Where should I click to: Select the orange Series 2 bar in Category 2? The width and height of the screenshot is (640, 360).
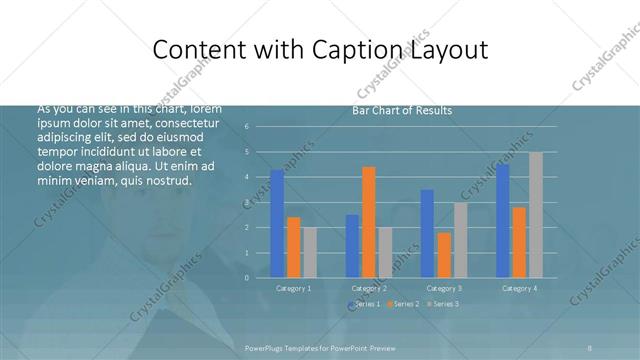[x=368, y=222]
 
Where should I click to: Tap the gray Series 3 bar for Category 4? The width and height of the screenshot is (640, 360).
[x=536, y=215]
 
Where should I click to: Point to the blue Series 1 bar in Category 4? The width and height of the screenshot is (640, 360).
[x=502, y=221]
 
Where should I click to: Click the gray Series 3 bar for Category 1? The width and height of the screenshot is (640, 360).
[x=309, y=252]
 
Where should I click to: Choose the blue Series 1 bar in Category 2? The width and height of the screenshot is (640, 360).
[x=352, y=246]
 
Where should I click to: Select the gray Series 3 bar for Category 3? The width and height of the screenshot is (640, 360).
[x=460, y=240]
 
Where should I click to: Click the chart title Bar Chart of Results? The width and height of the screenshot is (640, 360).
[x=402, y=110]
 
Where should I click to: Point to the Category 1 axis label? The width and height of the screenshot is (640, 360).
[x=293, y=288]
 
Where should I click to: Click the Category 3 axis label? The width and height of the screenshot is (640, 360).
[x=444, y=288]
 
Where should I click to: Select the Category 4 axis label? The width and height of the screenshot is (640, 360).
[x=519, y=288]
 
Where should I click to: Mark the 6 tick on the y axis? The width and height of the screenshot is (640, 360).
[x=260, y=127]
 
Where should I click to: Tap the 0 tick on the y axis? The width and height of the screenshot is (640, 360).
[x=260, y=278]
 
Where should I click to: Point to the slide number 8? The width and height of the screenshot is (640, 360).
[x=590, y=347]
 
